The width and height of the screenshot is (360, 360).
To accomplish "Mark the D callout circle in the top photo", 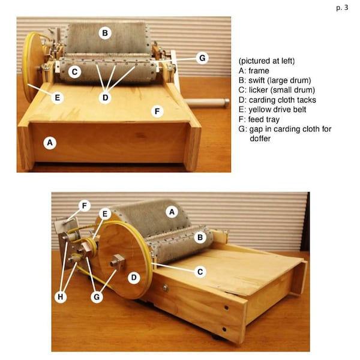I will pos(105,97).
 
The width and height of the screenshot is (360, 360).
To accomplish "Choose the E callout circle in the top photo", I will pos(58,97).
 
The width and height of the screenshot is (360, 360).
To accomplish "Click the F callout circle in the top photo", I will pos(157,111).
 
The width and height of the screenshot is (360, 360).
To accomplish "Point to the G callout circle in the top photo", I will pos(202,58).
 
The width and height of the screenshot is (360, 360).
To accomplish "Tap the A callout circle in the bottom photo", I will pos(171,211).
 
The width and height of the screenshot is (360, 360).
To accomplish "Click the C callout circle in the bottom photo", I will pos(200,271).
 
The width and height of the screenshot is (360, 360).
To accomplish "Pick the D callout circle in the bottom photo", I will pos(133,278).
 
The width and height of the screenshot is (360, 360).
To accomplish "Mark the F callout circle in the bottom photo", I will pos(84,206).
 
